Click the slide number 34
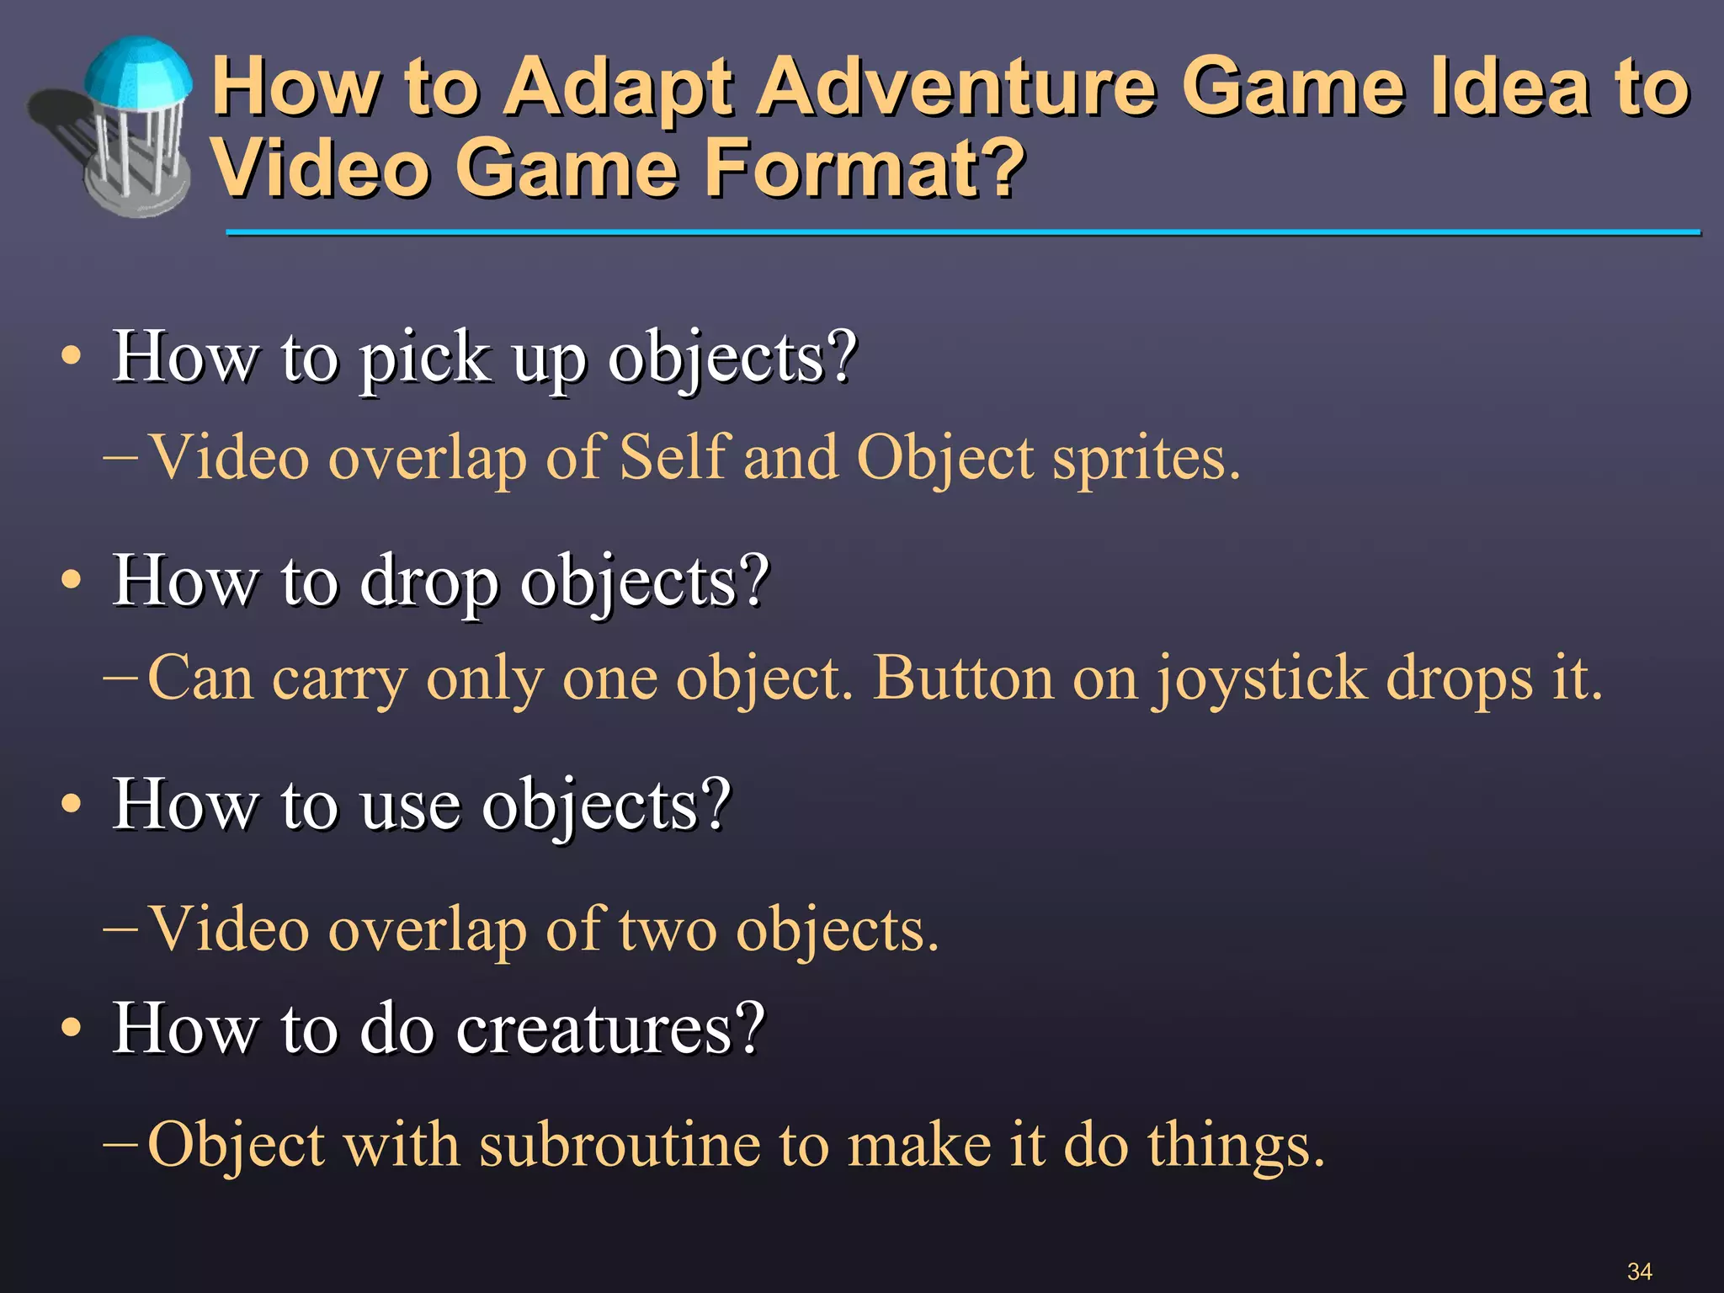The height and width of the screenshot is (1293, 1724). [x=1638, y=1271]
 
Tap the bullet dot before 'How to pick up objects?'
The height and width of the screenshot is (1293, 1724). [x=72, y=357]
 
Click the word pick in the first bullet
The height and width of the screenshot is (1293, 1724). [x=425, y=359]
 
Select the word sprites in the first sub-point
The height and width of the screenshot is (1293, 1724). [x=1145, y=460]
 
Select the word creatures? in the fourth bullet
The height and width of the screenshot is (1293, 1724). [x=610, y=1029]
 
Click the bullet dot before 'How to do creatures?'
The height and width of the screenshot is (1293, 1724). [x=72, y=1028]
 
